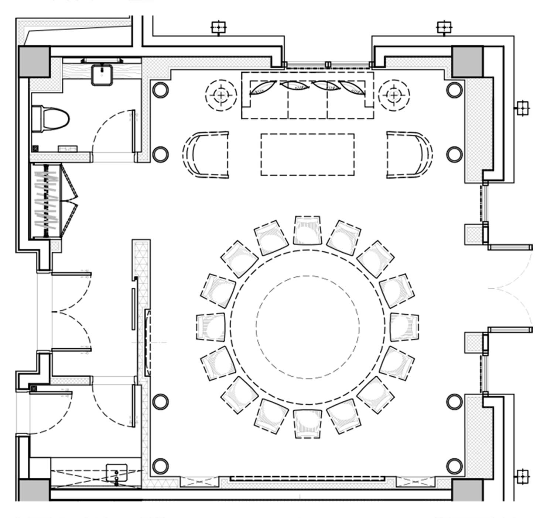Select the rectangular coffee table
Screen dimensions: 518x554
coord(307,155)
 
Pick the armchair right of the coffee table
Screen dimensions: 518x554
coord(408,155)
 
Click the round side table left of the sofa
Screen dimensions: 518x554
coord(221,95)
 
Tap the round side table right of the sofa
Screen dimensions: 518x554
coord(394,95)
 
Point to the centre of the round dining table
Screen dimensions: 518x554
coord(307,327)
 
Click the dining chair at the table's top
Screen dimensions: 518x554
coord(307,230)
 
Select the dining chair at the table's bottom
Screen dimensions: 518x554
coord(307,424)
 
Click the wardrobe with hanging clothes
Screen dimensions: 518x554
coord(46,201)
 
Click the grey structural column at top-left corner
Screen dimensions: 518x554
coord(34,61)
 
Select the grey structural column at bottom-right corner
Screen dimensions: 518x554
coord(468,490)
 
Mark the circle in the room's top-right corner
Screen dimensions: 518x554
coord(454,90)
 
